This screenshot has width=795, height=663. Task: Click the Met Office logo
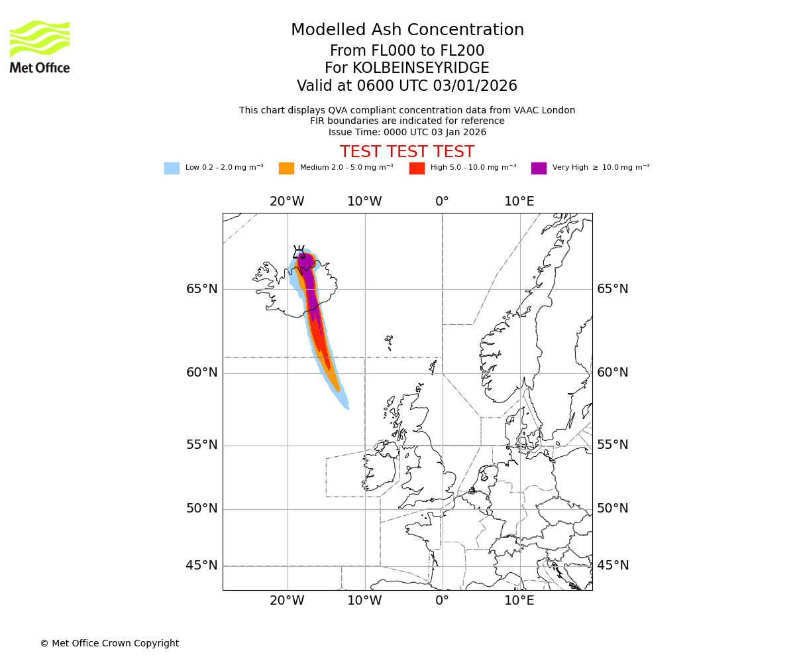coord(40,46)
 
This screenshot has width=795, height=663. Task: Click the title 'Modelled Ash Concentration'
coord(407,30)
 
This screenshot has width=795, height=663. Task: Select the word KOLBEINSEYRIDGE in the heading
coord(421,68)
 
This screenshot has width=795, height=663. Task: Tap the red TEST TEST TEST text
coord(407,152)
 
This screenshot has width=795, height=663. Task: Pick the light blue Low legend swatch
coord(172,168)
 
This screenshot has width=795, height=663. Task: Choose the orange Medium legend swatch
coord(286,168)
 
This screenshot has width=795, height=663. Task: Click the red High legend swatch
coord(417,168)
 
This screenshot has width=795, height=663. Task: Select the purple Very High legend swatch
coord(539,168)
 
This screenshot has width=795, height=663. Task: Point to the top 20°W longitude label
coord(287,202)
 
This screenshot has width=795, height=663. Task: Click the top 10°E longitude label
coord(519,202)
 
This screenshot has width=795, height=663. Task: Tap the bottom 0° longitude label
coord(442,601)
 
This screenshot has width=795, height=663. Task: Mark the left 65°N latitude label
coord(202,289)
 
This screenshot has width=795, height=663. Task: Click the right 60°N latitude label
coord(613,373)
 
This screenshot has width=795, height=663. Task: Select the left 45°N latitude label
coord(202,566)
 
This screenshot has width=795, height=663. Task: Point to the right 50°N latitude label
coord(613,509)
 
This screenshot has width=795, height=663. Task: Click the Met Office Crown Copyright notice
coord(109,643)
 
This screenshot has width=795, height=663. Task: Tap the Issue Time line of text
coord(407,132)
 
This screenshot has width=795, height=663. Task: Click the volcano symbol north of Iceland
coord(299,252)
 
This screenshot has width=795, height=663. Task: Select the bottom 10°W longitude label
coord(364,601)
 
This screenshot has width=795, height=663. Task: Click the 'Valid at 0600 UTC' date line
coord(407,86)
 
